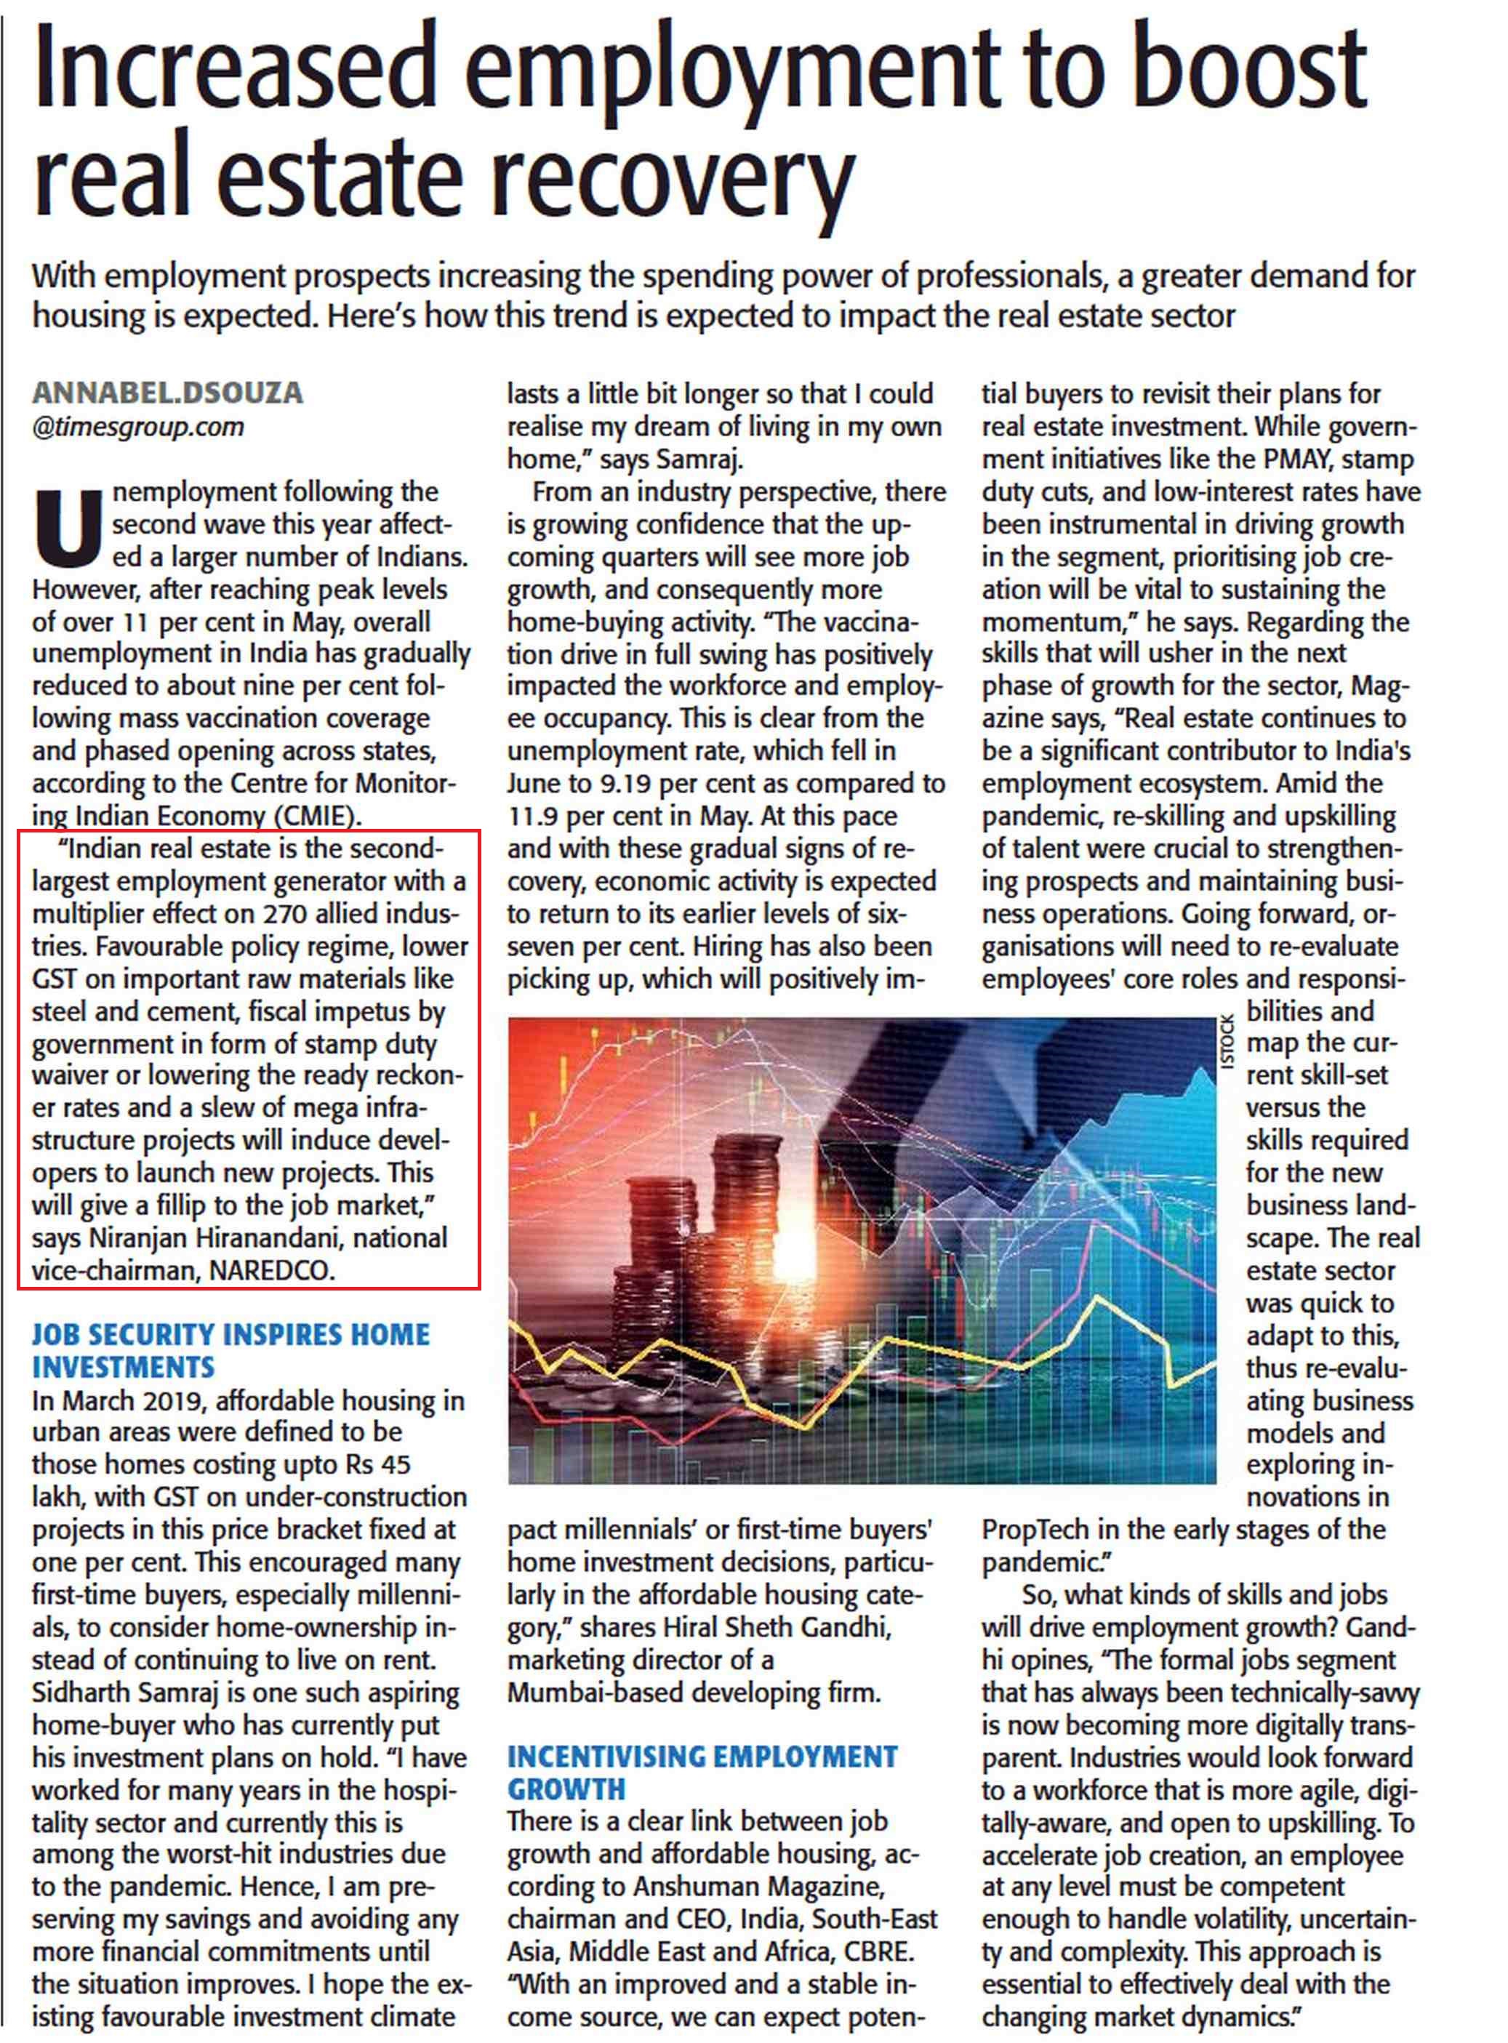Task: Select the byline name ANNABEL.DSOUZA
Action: pyautogui.click(x=167, y=393)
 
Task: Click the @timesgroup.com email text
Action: pyautogui.click(x=138, y=426)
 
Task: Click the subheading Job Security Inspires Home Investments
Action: pyautogui.click(x=230, y=1351)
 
